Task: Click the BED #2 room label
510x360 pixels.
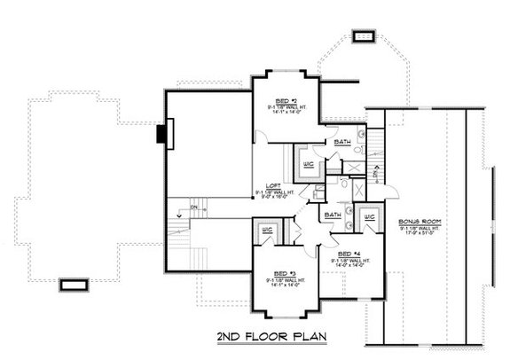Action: [285, 100]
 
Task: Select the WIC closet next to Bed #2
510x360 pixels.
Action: [309, 163]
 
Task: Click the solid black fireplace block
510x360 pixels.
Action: [161, 134]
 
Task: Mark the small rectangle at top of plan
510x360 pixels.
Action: [362, 36]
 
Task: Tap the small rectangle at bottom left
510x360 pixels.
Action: [74, 285]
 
